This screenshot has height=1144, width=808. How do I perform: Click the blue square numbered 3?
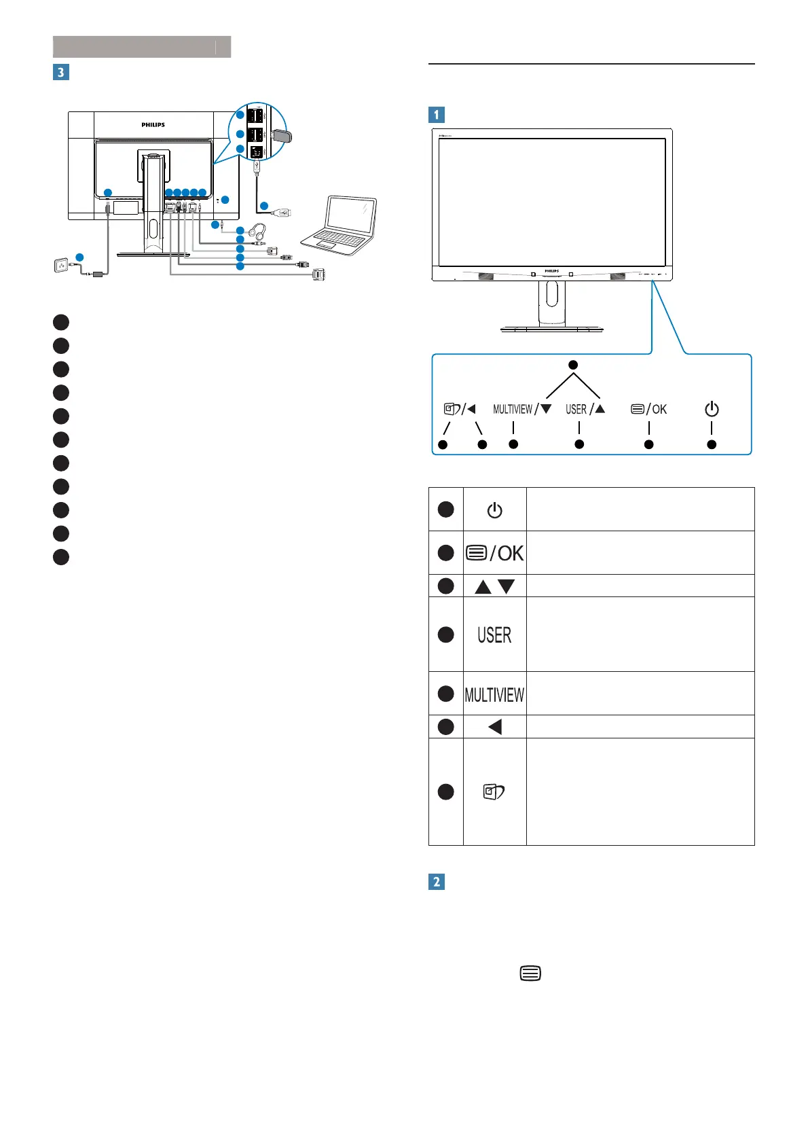tap(61, 72)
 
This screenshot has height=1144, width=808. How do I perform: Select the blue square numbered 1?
tap(437, 115)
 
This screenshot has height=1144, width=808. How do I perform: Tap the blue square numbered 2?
tap(437, 882)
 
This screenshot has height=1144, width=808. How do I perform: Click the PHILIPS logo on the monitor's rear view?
tap(153, 125)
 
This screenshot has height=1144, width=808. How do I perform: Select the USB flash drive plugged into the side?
tap(282, 136)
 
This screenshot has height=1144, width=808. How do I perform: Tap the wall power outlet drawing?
tap(62, 265)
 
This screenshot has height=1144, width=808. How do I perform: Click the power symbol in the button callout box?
tap(712, 409)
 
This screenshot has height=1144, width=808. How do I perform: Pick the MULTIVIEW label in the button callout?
tap(513, 409)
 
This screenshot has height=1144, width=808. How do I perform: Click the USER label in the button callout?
tap(576, 409)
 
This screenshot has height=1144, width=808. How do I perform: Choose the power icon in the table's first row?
tap(494, 510)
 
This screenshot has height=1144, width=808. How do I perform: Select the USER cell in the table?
tap(494, 634)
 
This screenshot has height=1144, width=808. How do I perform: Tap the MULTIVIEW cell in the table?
tap(494, 694)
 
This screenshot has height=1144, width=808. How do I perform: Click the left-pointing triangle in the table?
tap(495, 727)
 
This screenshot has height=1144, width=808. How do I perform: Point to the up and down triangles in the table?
tap(494, 586)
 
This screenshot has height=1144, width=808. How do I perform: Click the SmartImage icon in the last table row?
tap(494, 791)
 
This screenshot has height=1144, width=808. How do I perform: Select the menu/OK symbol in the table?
tap(494, 553)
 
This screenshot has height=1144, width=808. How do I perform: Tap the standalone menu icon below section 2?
tap(530, 973)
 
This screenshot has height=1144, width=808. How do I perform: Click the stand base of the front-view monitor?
tap(551, 329)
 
